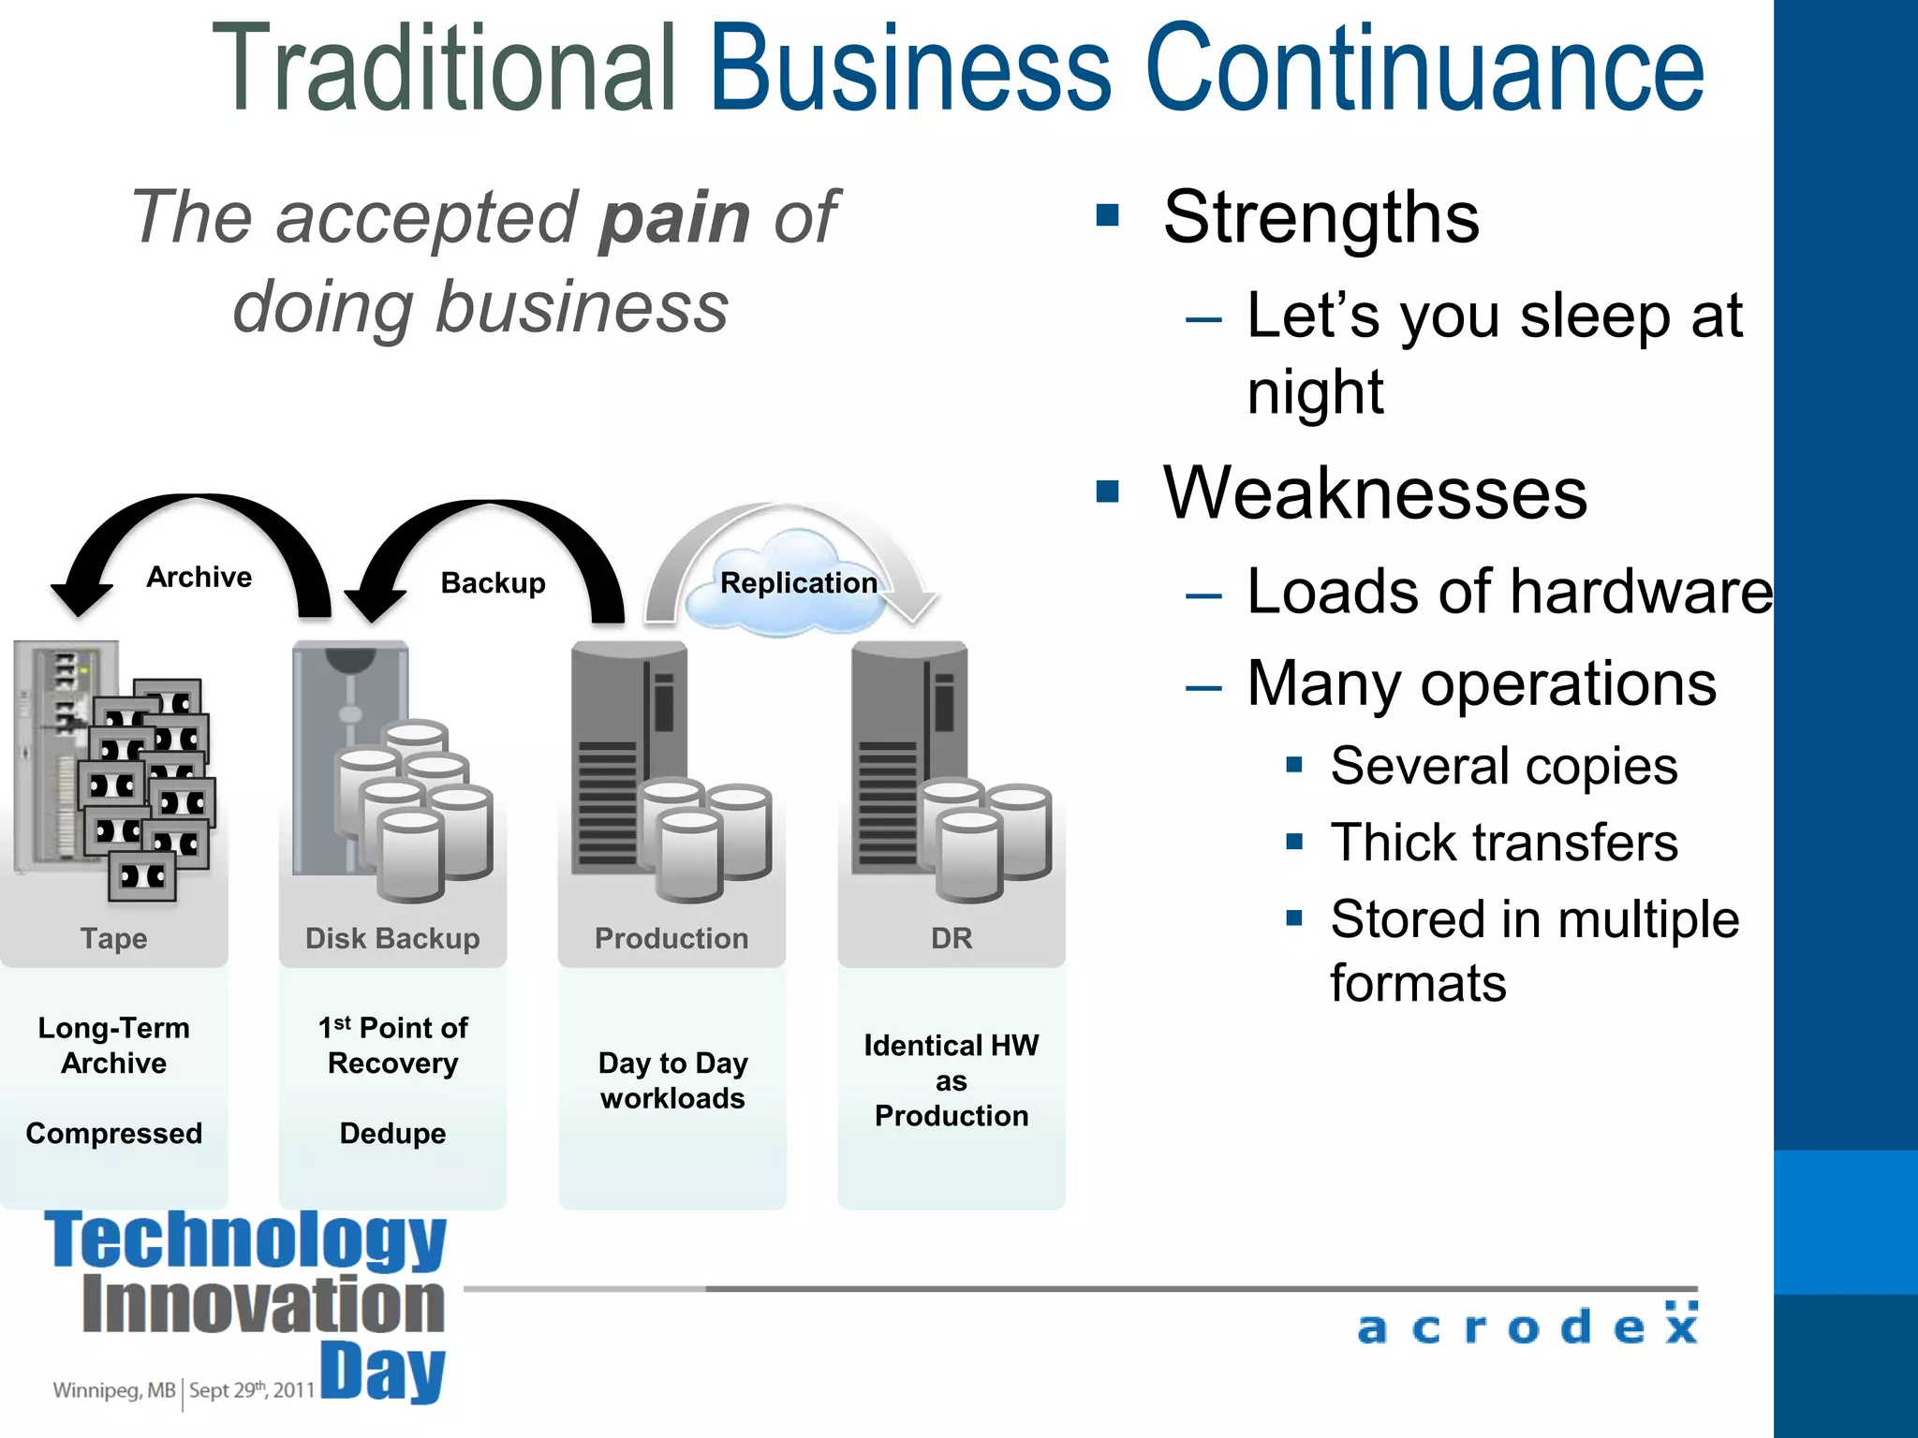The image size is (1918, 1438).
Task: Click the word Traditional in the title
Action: pos(444,69)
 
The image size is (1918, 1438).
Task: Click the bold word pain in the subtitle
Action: pos(674,217)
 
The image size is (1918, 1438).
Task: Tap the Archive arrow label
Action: pos(199,577)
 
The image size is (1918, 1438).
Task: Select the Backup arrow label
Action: pos(493,582)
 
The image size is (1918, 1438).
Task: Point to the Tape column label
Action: pos(113,938)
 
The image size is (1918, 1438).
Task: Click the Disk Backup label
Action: pos(392,938)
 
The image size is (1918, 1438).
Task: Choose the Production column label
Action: pos(671,938)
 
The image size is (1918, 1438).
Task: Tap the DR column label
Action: pos(952,938)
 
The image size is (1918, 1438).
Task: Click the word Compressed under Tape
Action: pos(113,1133)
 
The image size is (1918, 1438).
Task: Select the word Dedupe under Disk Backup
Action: pos(392,1133)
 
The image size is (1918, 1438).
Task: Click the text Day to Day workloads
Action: pos(672,1080)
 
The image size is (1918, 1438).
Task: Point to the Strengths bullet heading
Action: pos(1320,217)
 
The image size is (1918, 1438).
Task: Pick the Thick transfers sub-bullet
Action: pos(1504,842)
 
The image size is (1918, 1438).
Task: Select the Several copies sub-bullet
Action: pos(1504,766)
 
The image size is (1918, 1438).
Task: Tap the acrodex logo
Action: pos(1527,1326)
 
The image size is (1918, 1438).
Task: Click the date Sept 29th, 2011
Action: pos(251,1389)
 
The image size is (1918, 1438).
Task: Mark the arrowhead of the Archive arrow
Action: pos(81,599)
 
